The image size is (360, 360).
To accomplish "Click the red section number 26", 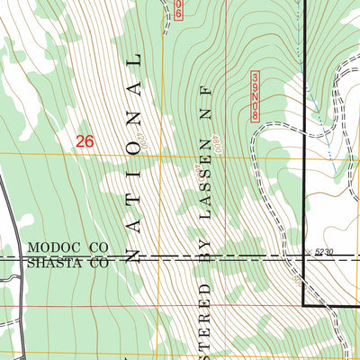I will coord(85,141).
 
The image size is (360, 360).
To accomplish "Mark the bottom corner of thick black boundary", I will coord(302,306).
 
